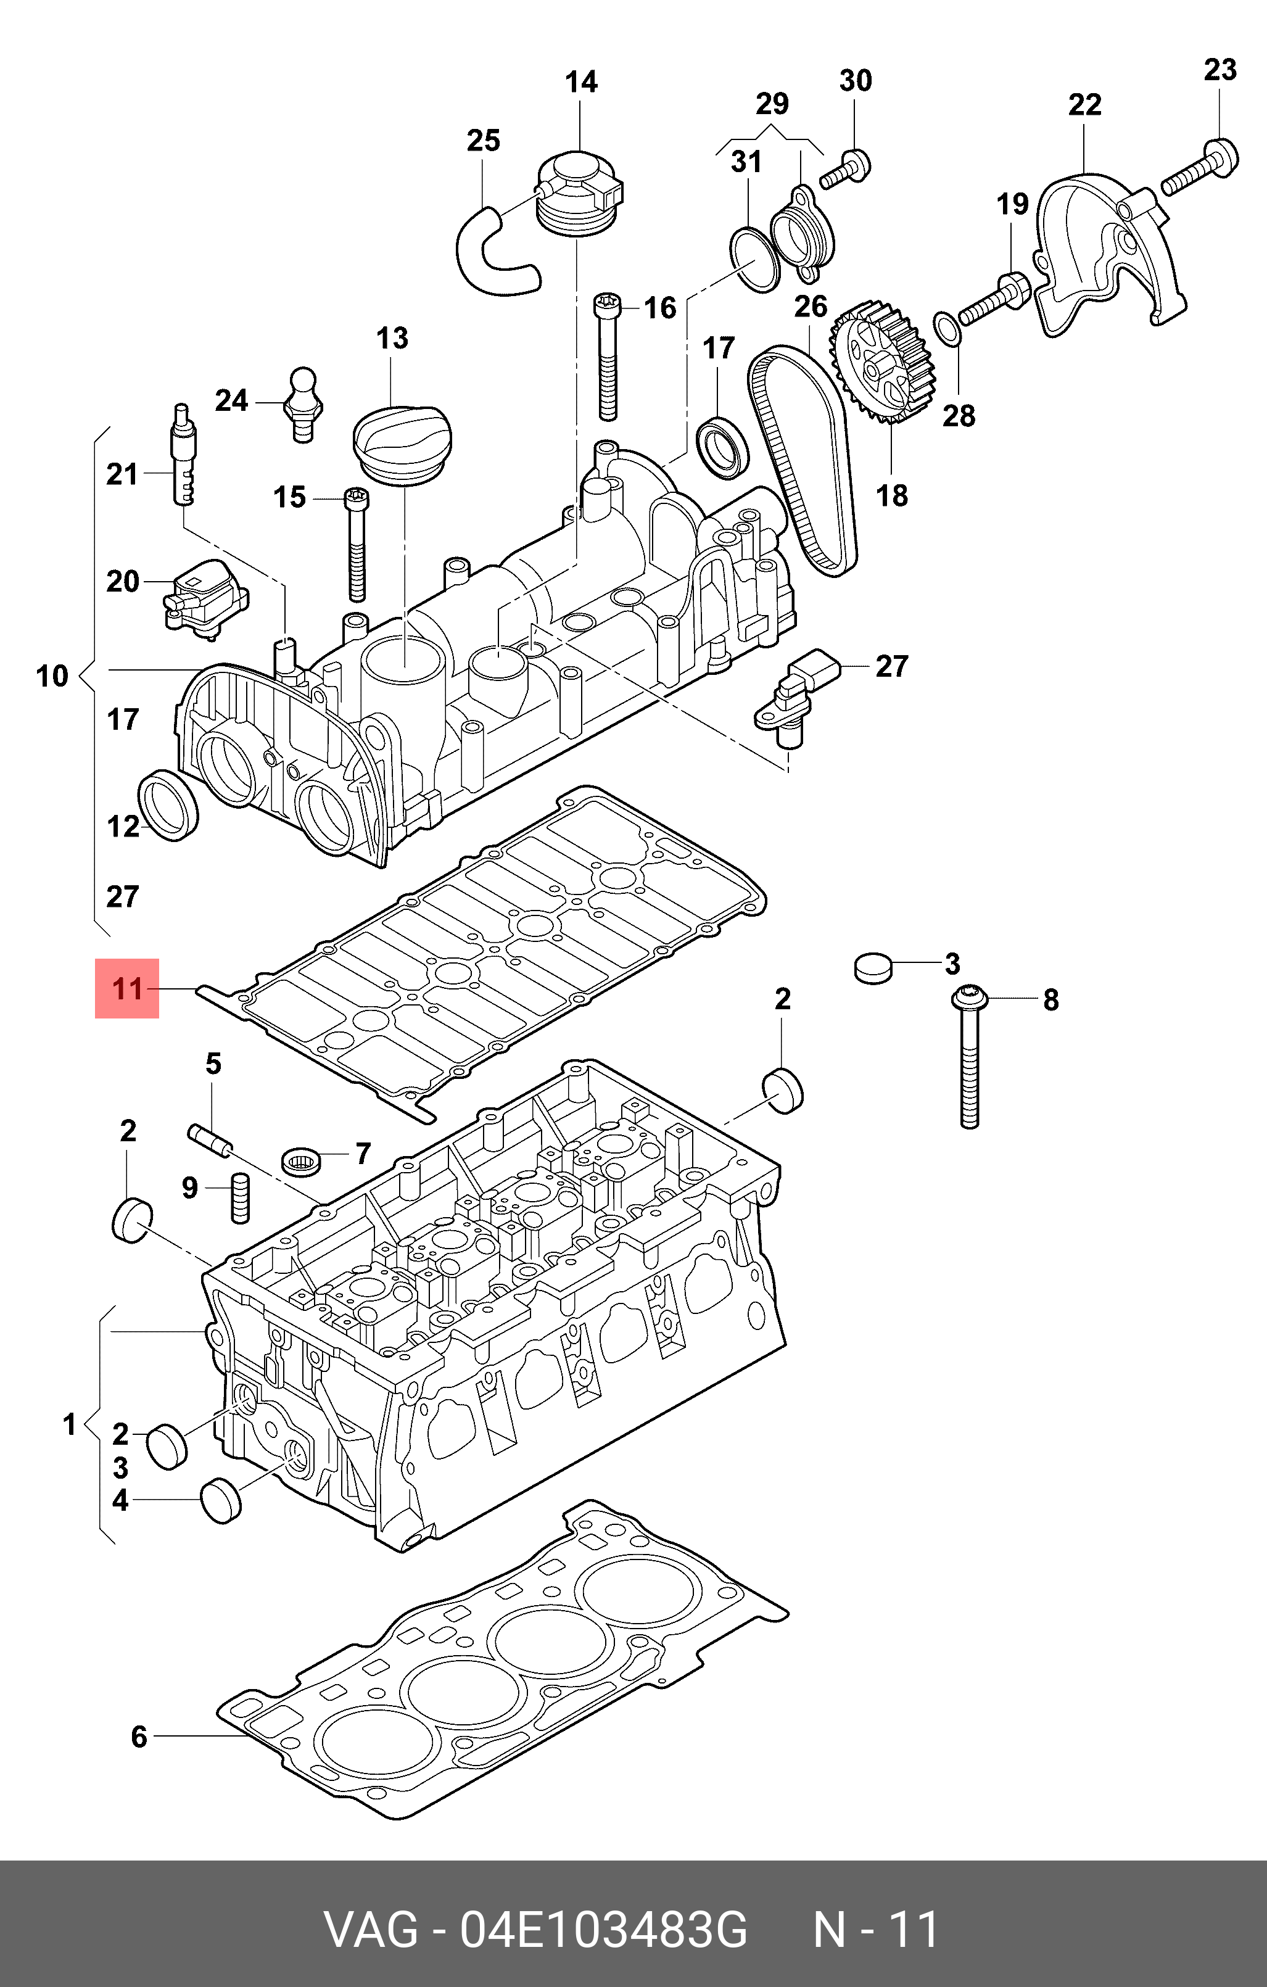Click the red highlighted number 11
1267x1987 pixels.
coord(127,988)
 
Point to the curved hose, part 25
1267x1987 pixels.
coord(495,252)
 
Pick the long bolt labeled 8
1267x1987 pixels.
coord(968,1056)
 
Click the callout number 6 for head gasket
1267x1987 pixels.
coord(139,1737)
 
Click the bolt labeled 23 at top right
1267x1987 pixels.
coord(1201,169)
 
